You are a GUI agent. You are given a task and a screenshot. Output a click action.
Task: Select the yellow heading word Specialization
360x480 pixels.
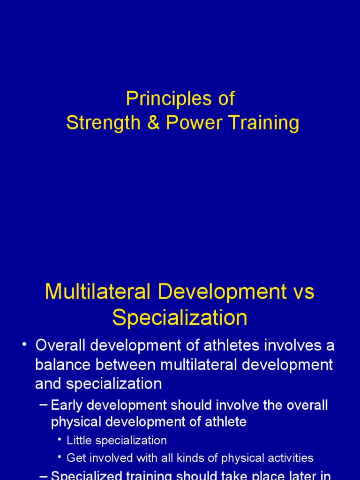click(x=180, y=318)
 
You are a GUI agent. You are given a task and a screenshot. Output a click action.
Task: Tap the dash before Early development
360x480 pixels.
click(x=44, y=405)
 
